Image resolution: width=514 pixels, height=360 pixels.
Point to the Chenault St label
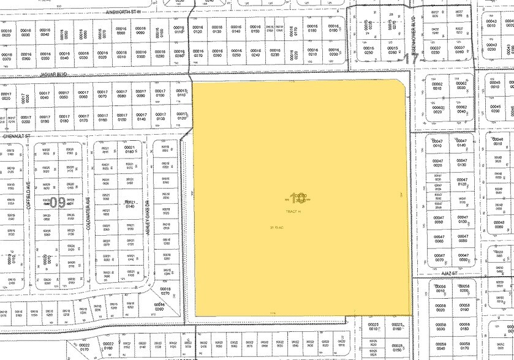coord(17,136)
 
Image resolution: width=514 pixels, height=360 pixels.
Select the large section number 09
coord(58,201)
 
